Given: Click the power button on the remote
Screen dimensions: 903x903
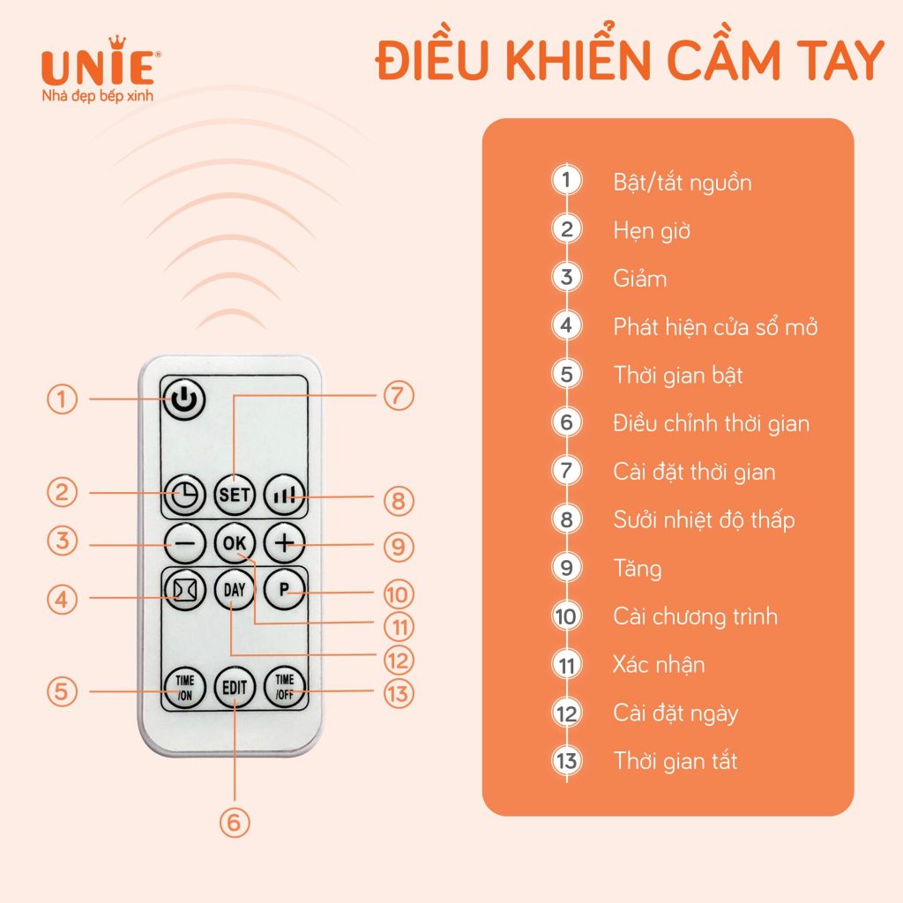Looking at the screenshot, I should pyautogui.click(x=183, y=399).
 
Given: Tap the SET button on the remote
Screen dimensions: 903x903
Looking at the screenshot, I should pyautogui.click(x=234, y=494).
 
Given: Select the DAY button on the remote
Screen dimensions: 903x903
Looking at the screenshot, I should pyautogui.click(x=234, y=590).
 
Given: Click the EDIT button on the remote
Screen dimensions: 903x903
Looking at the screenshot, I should pyautogui.click(x=234, y=687).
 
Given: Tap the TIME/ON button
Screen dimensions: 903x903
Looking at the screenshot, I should pyautogui.click(x=183, y=686).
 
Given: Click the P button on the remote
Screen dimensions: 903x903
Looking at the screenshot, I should pyautogui.click(x=284, y=591).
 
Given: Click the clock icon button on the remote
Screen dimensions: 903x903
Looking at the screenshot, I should pyautogui.click(x=183, y=495).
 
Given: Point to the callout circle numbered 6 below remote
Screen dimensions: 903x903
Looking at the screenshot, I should pyautogui.click(x=234, y=821).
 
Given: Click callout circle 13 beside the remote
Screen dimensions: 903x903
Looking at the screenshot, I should pyautogui.click(x=398, y=692).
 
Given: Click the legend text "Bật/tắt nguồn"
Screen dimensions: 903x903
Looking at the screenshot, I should pyautogui.click(x=683, y=183).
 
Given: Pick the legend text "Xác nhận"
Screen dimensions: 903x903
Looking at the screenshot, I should pyautogui.click(x=659, y=664).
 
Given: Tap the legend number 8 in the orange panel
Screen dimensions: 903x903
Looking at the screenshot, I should pyautogui.click(x=566, y=519).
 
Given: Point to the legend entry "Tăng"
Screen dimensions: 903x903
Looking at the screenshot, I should pyautogui.click(x=637, y=568).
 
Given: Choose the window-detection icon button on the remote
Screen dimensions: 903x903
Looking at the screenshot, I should pyautogui.click(x=183, y=590).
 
